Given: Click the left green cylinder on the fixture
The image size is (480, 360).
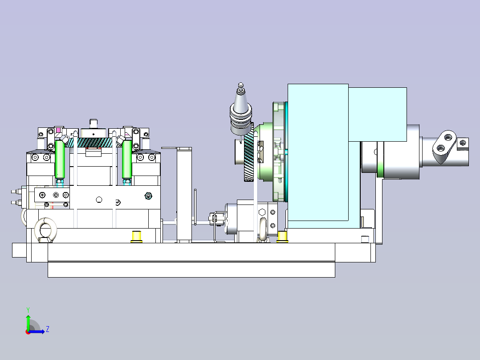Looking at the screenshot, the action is (60, 159).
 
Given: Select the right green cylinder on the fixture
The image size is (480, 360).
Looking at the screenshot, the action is (127, 159).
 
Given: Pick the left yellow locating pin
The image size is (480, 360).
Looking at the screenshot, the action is (136, 237).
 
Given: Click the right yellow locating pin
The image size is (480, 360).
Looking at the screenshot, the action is (282, 237).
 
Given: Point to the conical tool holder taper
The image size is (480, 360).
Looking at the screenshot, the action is (241, 98).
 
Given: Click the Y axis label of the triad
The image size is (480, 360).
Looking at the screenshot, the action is (28, 310).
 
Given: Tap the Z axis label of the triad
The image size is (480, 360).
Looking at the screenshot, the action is (48, 329).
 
